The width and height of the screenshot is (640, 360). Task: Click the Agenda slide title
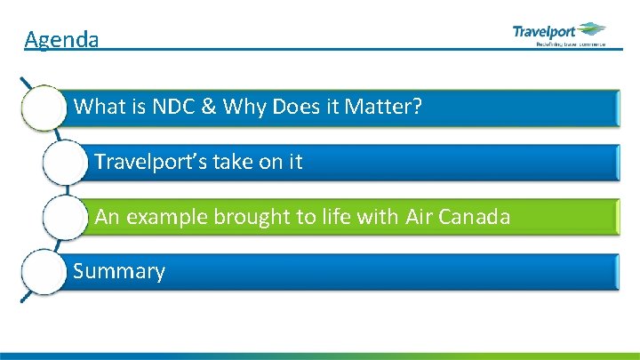[x=61, y=39]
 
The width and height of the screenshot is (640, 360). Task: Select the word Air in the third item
[x=420, y=217]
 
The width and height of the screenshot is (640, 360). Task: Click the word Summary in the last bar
[x=119, y=271]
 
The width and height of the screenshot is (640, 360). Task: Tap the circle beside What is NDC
[x=44, y=108]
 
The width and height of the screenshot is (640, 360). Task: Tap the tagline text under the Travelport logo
[x=570, y=43]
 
